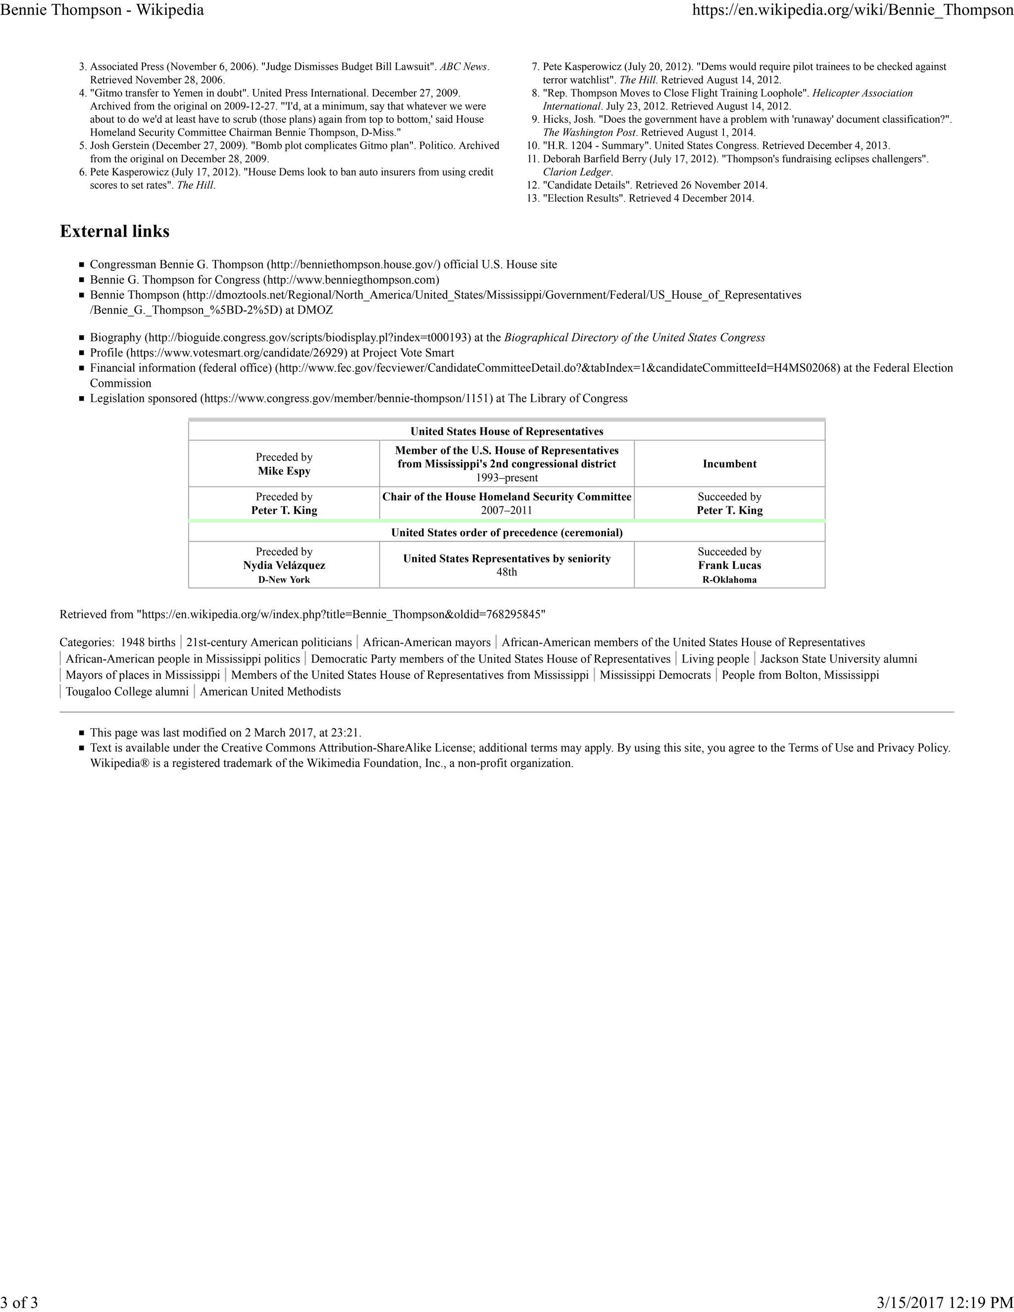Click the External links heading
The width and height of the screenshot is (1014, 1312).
point(115,232)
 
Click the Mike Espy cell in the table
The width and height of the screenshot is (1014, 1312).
point(284,471)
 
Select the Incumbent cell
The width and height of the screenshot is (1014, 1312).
point(729,464)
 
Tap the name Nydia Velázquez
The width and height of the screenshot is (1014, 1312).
point(284,565)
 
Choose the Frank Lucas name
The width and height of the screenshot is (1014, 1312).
point(729,565)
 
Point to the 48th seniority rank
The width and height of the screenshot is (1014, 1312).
point(507,572)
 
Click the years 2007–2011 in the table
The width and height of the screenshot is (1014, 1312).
point(507,510)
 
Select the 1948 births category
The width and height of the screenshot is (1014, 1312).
point(148,642)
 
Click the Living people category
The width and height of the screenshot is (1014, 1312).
point(715,659)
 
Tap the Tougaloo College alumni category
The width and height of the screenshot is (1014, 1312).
point(127,692)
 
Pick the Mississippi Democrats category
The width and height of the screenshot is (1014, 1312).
point(655,675)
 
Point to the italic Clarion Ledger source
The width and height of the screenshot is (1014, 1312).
point(576,172)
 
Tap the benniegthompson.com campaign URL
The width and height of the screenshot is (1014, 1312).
point(351,280)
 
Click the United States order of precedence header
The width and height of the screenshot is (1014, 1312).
point(507,533)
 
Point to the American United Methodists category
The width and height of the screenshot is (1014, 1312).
point(270,692)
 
